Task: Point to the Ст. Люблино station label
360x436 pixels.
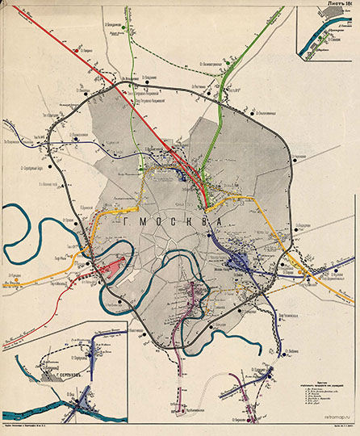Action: [267, 314]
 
